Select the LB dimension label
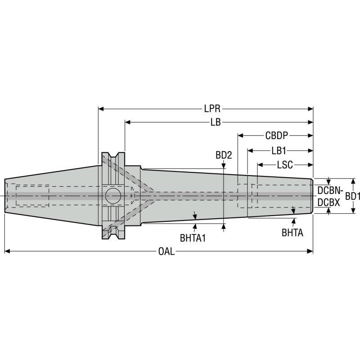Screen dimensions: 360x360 tap(216, 122)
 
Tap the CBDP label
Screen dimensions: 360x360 tap(277, 135)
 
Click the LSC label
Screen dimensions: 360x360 tap(284, 165)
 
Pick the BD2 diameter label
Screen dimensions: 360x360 tap(224, 155)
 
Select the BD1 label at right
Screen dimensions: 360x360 tap(352, 196)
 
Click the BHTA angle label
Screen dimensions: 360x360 tap(292, 233)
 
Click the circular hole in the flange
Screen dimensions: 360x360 tap(113, 196)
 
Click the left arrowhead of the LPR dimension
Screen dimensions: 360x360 tap(101, 109)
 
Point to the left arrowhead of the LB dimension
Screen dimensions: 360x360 tap(128, 122)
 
